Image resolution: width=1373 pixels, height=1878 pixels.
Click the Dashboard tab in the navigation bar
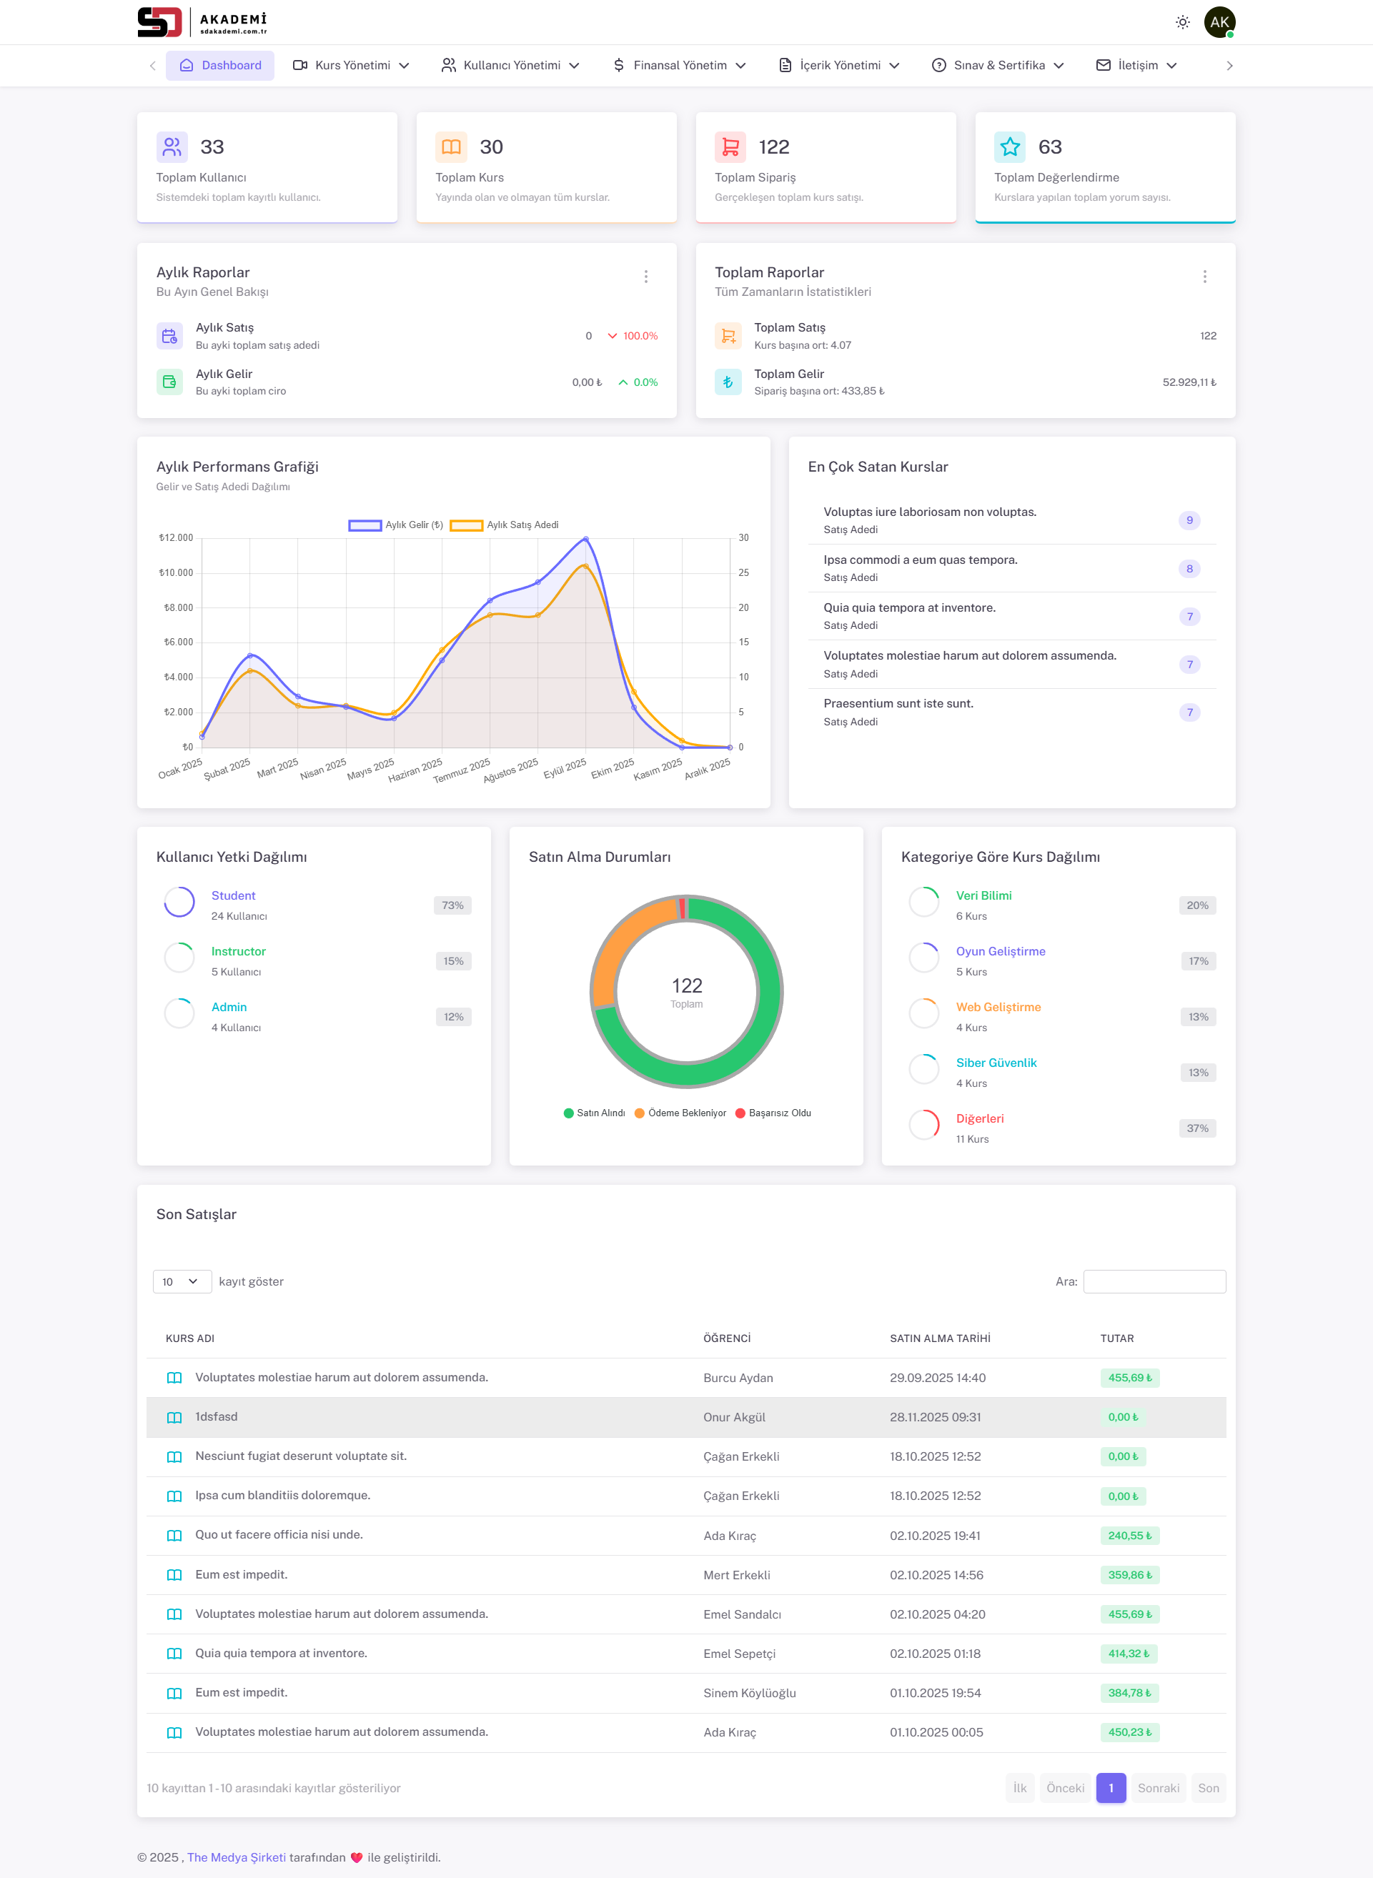(x=220, y=66)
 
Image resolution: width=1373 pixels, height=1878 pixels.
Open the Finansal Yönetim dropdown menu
(x=679, y=66)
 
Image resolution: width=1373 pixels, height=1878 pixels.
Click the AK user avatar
(x=1219, y=22)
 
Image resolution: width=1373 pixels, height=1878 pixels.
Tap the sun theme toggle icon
(x=1182, y=22)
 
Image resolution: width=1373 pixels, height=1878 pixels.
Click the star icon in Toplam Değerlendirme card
(x=1009, y=147)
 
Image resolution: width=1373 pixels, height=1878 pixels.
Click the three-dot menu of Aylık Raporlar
(x=646, y=277)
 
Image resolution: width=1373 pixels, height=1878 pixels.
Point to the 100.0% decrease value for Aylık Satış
(x=640, y=336)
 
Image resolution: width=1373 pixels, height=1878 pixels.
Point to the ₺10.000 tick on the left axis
(x=177, y=572)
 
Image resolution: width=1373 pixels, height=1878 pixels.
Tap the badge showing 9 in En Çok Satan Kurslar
(x=1189, y=520)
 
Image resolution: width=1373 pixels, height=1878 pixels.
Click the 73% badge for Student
(x=452, y=905)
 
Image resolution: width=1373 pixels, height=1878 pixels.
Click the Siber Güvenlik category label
(x=996, y=1063)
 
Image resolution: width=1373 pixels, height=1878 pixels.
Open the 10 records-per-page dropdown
(x=181, y=1281)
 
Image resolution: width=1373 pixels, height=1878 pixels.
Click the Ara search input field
(x=1154, y=1281)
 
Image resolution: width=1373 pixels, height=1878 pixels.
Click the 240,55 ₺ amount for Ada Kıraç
(x=1129, y=1536)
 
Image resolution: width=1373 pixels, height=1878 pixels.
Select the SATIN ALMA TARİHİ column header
(x=939, y=1338)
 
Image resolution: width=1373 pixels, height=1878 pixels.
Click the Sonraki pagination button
(x=1158, y=1787)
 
